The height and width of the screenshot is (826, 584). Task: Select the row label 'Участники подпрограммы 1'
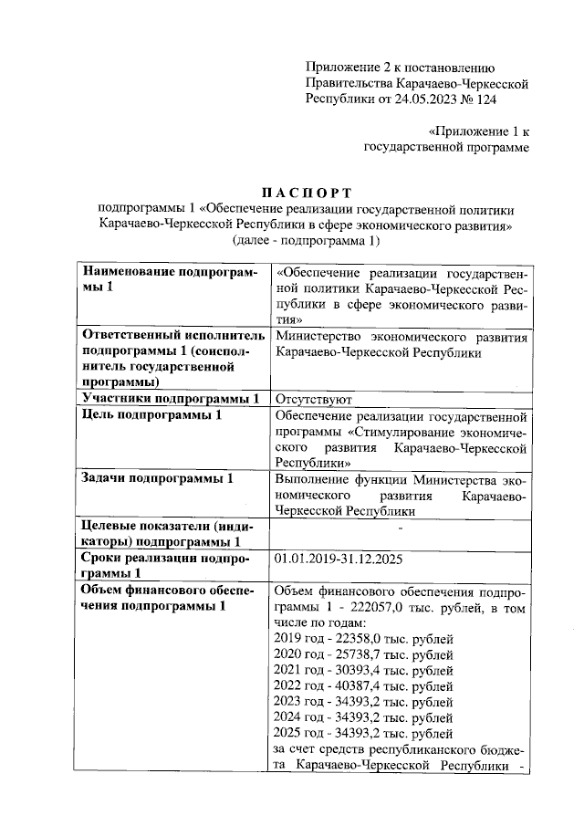click(171, 398)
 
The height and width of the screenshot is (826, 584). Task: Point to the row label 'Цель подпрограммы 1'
click(151, 415)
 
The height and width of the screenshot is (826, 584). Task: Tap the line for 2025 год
click(363, 733)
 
